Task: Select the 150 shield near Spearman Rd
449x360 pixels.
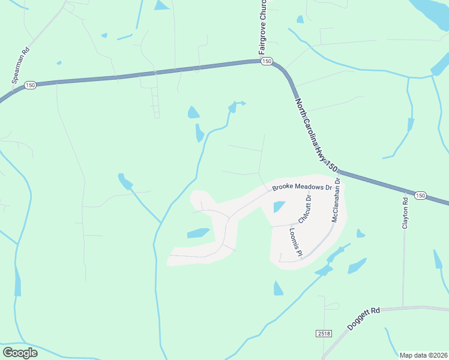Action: [30, 86]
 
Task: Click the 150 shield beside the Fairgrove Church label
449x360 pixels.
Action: [267, 62]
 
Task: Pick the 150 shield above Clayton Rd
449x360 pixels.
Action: [420, 196]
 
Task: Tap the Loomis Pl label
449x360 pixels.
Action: [294, 242]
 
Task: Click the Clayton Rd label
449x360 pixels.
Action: [405, 214]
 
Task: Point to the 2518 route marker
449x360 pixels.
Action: [323, 332]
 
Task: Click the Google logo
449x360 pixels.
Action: [20, 353]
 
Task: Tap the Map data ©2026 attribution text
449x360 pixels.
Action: [424, 355]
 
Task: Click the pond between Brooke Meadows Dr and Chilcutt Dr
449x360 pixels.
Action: [279, 207]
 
